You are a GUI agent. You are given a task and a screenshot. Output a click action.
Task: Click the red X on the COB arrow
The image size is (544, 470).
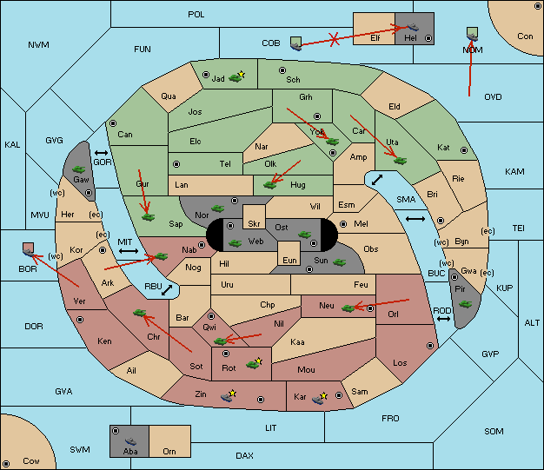tap(334, 39)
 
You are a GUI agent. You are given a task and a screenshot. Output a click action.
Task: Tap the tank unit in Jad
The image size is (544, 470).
tap(236, 77)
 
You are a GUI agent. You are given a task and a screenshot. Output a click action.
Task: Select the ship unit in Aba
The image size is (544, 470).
tap(130, 441)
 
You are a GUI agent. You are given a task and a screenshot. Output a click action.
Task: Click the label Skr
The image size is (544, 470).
tap(254, 224)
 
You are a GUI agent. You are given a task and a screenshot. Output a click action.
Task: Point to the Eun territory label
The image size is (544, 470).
tap(289, 260)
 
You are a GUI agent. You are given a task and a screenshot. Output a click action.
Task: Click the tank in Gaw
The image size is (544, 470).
tap(79, 169)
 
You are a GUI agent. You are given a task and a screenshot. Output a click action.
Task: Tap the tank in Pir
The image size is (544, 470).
tap(465, 304)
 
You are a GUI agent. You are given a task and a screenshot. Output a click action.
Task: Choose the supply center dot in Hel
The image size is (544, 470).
tap(428, 38)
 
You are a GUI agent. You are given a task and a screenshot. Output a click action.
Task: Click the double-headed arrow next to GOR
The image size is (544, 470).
tap(101, 153)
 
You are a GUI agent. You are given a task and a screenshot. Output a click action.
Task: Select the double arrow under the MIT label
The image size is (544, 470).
tap(129, 251)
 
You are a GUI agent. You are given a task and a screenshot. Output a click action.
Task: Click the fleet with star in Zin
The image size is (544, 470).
tap(228, 396)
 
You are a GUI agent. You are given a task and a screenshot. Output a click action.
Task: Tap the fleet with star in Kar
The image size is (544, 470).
tap(318, 399)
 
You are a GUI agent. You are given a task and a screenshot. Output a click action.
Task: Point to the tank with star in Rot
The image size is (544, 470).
tap(253, 364)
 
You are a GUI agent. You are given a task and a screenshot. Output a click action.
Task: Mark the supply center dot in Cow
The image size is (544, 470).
tap(6, 464)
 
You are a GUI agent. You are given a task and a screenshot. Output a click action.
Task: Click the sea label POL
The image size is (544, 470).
tap(196, 15)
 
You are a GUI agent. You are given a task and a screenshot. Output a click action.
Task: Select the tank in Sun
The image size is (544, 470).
tap(339, 262)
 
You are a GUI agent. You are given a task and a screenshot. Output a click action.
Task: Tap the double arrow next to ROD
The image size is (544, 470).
tap(443, 319)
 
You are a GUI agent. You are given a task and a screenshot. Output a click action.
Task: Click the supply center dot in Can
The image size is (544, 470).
tap(113, 123)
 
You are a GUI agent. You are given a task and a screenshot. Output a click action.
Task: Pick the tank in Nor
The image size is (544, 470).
tap(217, 209)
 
